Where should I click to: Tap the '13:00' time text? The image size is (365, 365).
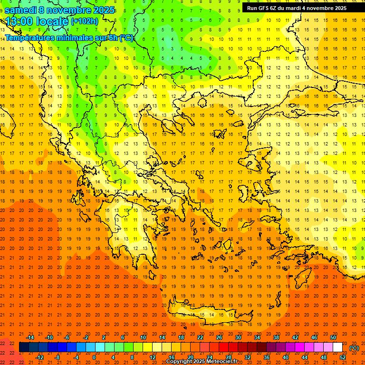click(x=19, y=21)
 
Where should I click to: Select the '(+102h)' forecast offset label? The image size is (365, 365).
click(x=84, y=21)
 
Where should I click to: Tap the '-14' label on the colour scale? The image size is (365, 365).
click(x=30, y=337)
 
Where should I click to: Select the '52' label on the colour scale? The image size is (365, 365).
click(x=342, y=357)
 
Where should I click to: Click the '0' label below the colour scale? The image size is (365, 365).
click(x=94, y=357)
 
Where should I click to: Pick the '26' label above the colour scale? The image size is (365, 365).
click(x=219, y=337)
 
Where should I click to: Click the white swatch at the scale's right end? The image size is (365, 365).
click(x=337, y=347)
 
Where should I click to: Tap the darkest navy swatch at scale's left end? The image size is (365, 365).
click(x=24, y=347)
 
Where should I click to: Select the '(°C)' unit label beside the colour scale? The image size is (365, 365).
click(x=354, y=348)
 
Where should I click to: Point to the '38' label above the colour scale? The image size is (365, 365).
click(x=276, y=337)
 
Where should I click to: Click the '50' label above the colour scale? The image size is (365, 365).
click(x=333, y=337)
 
